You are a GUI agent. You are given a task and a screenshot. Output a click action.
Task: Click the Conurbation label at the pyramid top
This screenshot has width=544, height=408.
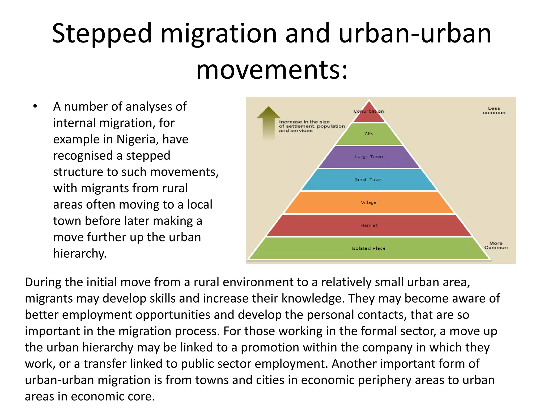pos(369,111)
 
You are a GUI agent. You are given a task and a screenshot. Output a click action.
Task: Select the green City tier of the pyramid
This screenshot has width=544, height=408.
pos(369,134)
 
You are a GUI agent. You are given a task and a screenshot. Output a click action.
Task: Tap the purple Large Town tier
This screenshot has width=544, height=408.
pos(369,157)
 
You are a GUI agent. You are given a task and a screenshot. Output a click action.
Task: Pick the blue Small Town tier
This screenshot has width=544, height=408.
pos(369,180)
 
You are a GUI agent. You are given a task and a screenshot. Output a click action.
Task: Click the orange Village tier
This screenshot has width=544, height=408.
pos(369,202)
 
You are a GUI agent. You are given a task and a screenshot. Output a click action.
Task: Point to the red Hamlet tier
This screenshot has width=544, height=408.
pos(369,225)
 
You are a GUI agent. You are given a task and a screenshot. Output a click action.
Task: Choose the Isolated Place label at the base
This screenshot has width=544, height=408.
pos(368,248)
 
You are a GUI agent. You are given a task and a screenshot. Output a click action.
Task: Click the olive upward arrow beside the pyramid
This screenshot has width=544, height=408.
pos(269,122)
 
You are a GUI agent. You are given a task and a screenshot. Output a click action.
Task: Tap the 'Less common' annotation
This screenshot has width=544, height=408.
pos(494,110)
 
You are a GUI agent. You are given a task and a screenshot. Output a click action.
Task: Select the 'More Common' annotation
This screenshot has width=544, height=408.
pos(496,245)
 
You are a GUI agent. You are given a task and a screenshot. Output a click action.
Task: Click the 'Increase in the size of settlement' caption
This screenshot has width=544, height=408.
pos(312,126)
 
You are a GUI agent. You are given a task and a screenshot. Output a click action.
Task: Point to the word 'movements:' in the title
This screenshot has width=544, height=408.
pos(272,70)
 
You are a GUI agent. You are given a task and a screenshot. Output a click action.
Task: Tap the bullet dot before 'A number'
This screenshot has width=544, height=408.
pos(35,107)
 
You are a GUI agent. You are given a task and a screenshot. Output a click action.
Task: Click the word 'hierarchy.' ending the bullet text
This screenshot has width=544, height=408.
pos(80,253)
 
